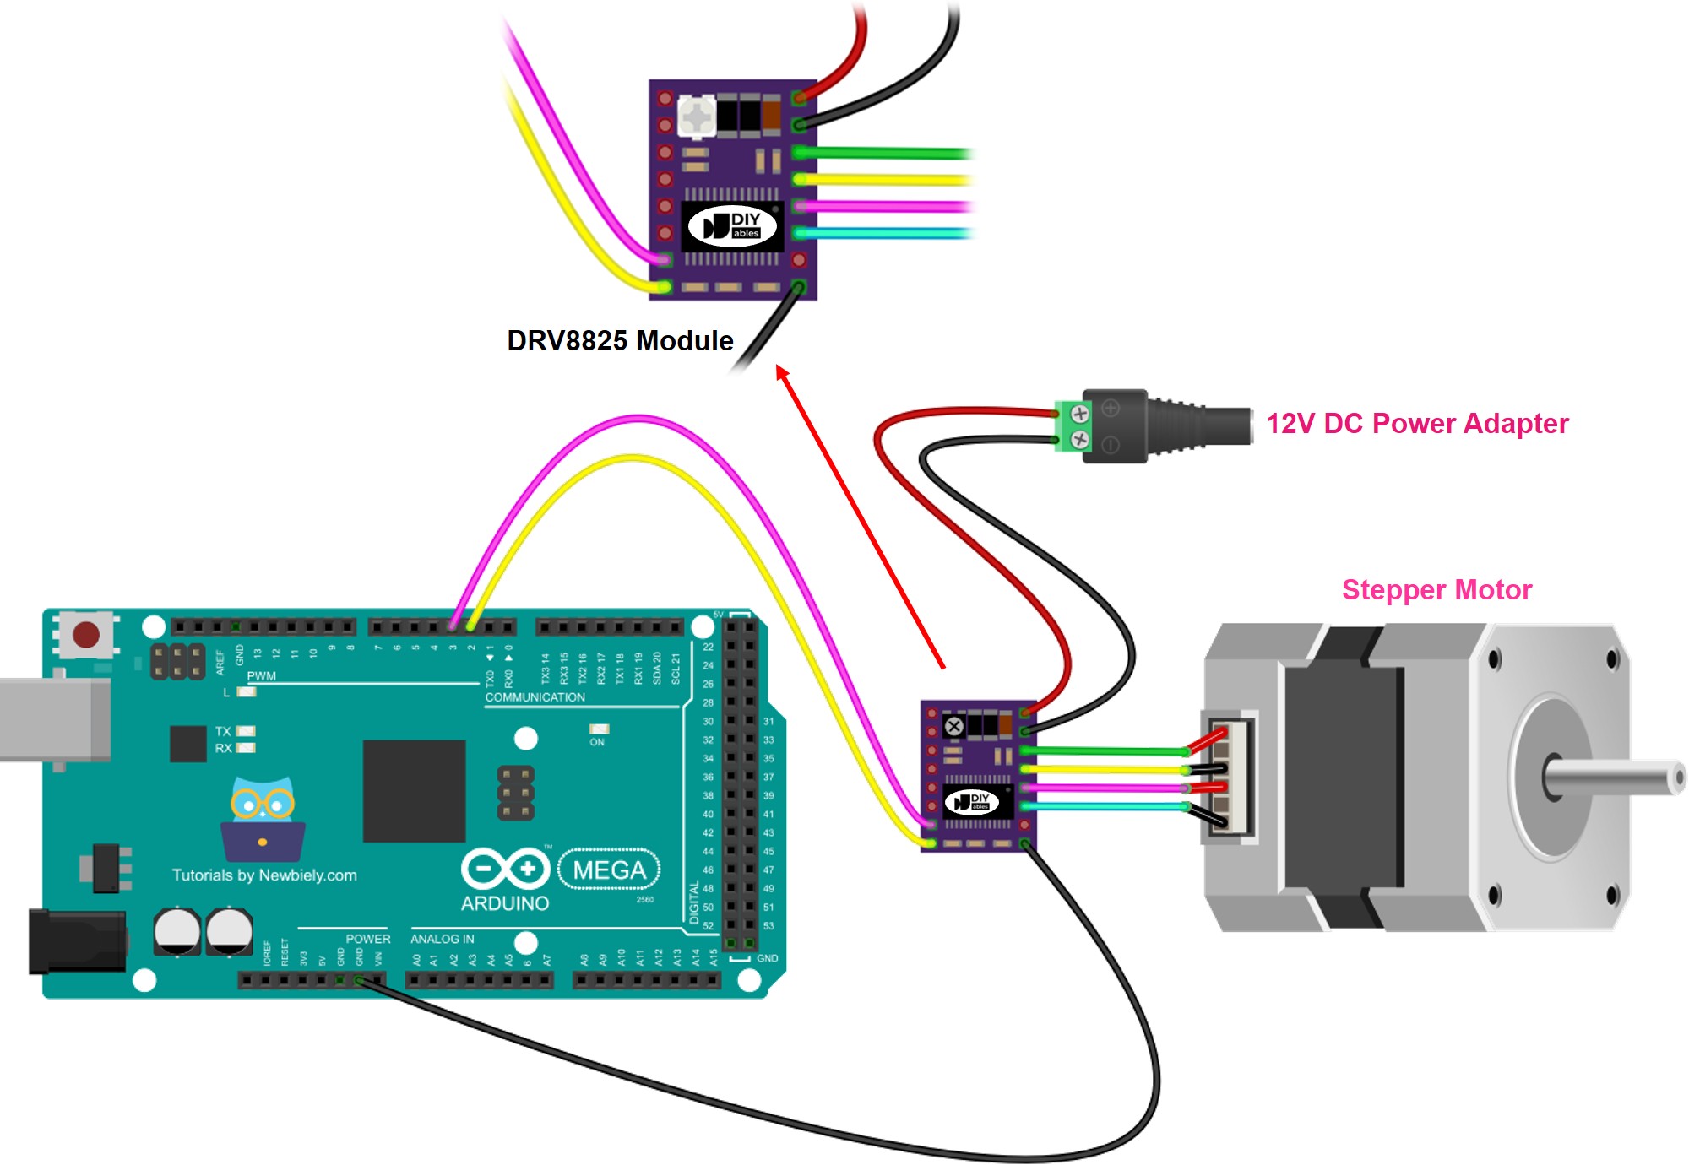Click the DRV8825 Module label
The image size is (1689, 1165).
[x=620, y=340]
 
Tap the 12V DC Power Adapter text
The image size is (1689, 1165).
[x=1417, y=423]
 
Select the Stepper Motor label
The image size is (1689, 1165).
[x=1436, y=589]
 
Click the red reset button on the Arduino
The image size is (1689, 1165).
[x=86, y=635]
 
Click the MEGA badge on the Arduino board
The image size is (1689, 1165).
[x=609, y=870]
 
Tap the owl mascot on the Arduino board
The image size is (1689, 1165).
[x=263, y=817]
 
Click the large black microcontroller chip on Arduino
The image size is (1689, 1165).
[x=414, y=791]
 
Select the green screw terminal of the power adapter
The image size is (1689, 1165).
[x=1073, y=427]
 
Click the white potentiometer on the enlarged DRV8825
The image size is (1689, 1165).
[x=697, y=116]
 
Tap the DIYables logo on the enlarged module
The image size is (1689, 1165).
[x=732, y=226]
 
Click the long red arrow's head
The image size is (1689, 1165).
[x=782, y=371]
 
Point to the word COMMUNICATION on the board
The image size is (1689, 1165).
[x=535, y=697]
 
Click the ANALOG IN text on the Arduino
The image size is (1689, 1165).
[x=442, y=939]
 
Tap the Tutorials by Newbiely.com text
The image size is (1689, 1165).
[x=264, y=875]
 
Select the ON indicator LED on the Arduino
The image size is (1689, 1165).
[x=599, y=729]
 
